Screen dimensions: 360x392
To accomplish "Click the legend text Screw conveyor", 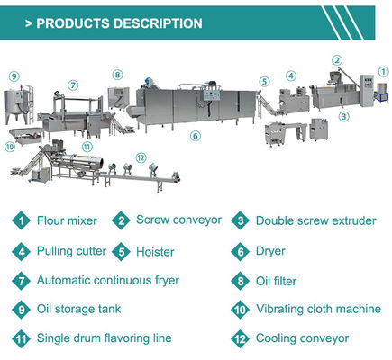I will [x=178, y=220].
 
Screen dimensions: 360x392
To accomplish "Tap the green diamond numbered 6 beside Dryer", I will [x=241, y=252].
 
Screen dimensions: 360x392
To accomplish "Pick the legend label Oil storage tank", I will [x=79, y=310].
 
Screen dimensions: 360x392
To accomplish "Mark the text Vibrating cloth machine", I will [x=319, y=310].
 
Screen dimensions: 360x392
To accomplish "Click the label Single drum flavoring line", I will [x=104, y=339].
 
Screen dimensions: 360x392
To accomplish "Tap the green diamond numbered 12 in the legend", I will [x=241, y=339].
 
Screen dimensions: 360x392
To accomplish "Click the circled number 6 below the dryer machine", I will [x=195, y=137].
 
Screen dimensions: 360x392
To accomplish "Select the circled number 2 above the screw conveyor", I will [x=337, y=60].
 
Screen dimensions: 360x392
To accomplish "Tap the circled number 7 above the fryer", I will [x=71, y=85].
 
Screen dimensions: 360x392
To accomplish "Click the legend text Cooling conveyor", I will [x=302, y=339].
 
